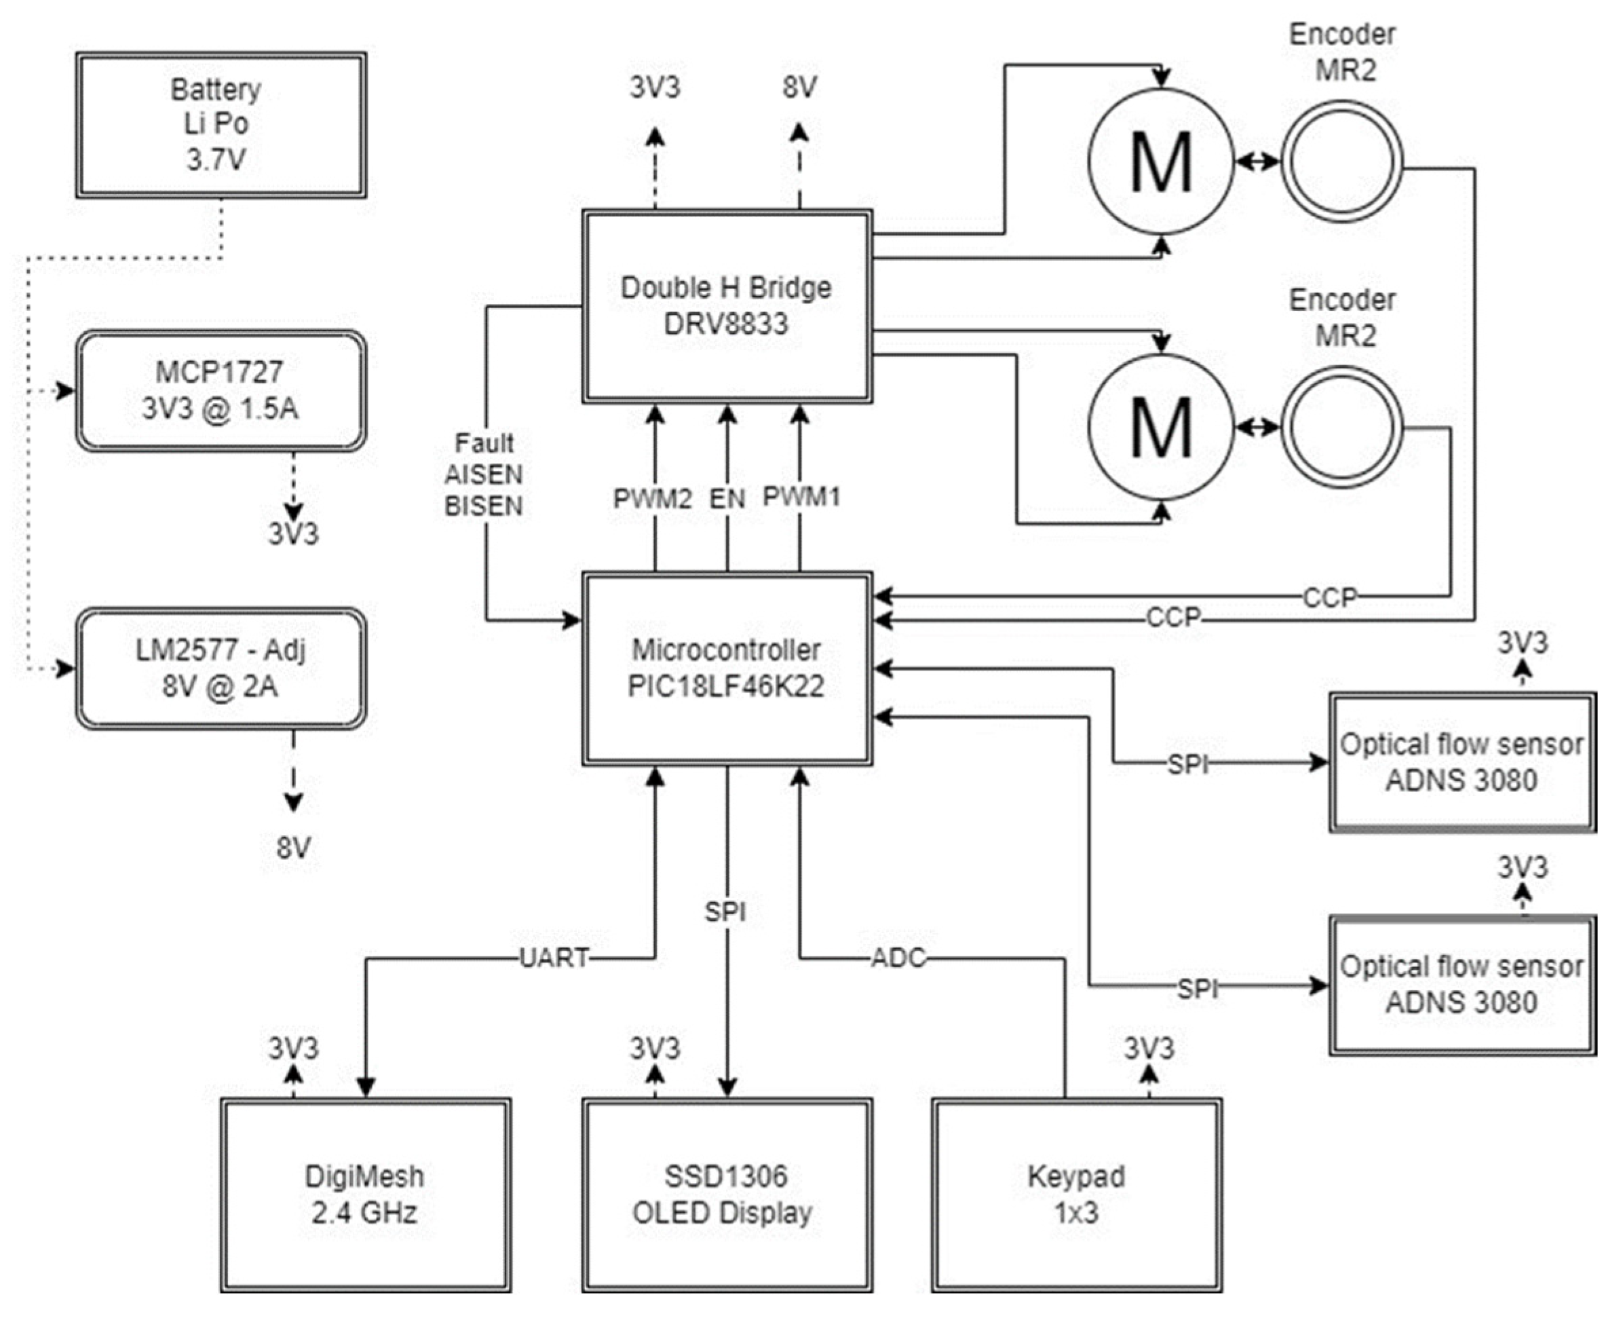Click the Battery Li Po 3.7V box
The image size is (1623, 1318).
[x=220, y=126]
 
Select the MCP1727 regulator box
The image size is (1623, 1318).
[x=220, y=391]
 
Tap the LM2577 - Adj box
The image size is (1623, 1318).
[x=220, y=668]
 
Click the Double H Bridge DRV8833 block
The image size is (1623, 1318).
[x=727, y=306]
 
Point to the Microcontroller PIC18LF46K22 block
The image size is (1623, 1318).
[x=727, y=668]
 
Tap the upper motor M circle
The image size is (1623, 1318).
[x=1161, y=161]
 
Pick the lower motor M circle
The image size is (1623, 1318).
[x=1161, y=428]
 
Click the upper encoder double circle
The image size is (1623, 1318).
[x=1341, y=161]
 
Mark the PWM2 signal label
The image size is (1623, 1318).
[x=653, y=499]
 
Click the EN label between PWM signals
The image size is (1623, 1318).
[x=727, y=499]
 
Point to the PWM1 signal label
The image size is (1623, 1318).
[x=801, y=497]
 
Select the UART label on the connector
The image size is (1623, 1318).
[x=554, y=958]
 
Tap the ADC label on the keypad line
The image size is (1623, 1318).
[x=898, y=958]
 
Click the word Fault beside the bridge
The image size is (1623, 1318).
[x=484, y=443]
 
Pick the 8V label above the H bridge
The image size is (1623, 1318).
[x=799, y=88]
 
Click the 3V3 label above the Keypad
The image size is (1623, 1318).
[x=1149, y=1049]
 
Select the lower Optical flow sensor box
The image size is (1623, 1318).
[x=1462, y=985]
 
